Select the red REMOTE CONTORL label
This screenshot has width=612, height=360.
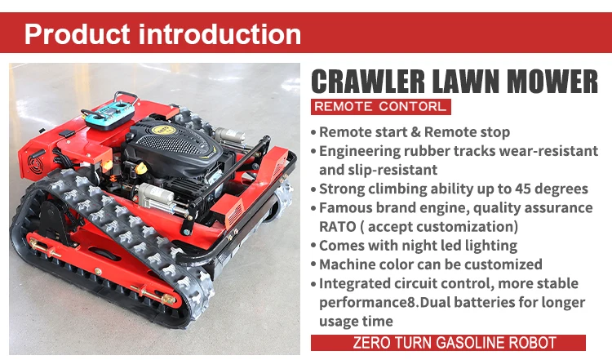click(x=380, y=107)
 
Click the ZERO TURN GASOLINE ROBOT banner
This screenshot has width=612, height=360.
click(x=448, y=343)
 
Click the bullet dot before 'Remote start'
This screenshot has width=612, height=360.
click(x=313, y=132)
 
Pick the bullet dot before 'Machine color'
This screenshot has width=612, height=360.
click(x=313, y=264)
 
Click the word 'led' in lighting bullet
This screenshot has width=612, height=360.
click(x=437, y=246)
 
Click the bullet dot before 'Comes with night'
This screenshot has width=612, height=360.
click(x=313, y=246)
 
